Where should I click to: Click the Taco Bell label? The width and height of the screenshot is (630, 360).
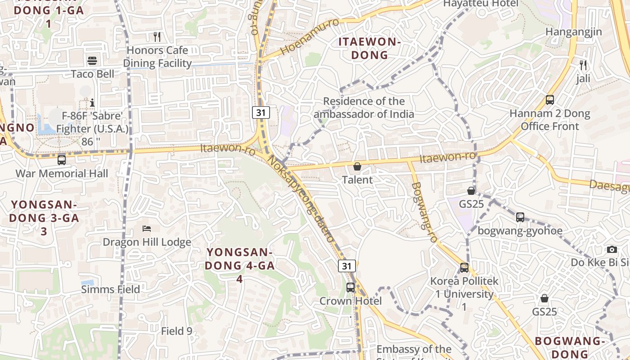click(92, 74)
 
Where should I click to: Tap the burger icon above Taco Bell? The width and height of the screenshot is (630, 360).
click(92, 61)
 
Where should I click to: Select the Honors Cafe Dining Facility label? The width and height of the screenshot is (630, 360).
click(157, 57)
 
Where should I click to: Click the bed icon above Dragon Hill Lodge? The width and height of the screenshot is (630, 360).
click(147, 229)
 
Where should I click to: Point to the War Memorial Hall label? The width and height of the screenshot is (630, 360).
click(62, 173)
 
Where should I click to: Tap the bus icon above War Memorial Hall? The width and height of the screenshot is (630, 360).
click(62, 160)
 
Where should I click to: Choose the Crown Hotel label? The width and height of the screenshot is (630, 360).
click(351, 301)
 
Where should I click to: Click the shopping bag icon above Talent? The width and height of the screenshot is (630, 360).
click(357, 166)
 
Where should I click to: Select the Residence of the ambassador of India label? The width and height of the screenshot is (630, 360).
click(364, 108)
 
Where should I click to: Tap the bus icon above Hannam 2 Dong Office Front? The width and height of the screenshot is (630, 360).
click(549, 100)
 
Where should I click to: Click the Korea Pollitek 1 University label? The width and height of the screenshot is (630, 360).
click(464, 294)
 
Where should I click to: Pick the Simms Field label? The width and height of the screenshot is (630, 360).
click(110, 289)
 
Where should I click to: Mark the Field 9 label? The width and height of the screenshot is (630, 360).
click(176, 331)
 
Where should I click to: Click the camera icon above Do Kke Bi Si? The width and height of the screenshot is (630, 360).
click(612, 249)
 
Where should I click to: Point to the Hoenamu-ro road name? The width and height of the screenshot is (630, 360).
click(310, 37)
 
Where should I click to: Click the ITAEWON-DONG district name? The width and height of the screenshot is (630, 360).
click(369, 49)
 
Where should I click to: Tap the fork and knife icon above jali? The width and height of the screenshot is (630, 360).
click(583, 65)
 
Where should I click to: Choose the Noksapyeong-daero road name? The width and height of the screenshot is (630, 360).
click(301, 198)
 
